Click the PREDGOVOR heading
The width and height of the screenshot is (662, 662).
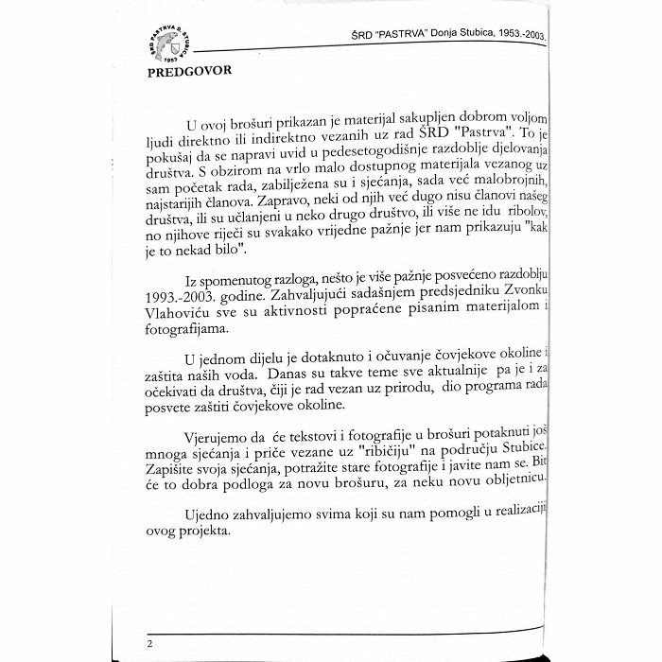(x=190, y=71)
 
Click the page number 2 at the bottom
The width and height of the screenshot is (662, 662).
(x=149, y=643)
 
